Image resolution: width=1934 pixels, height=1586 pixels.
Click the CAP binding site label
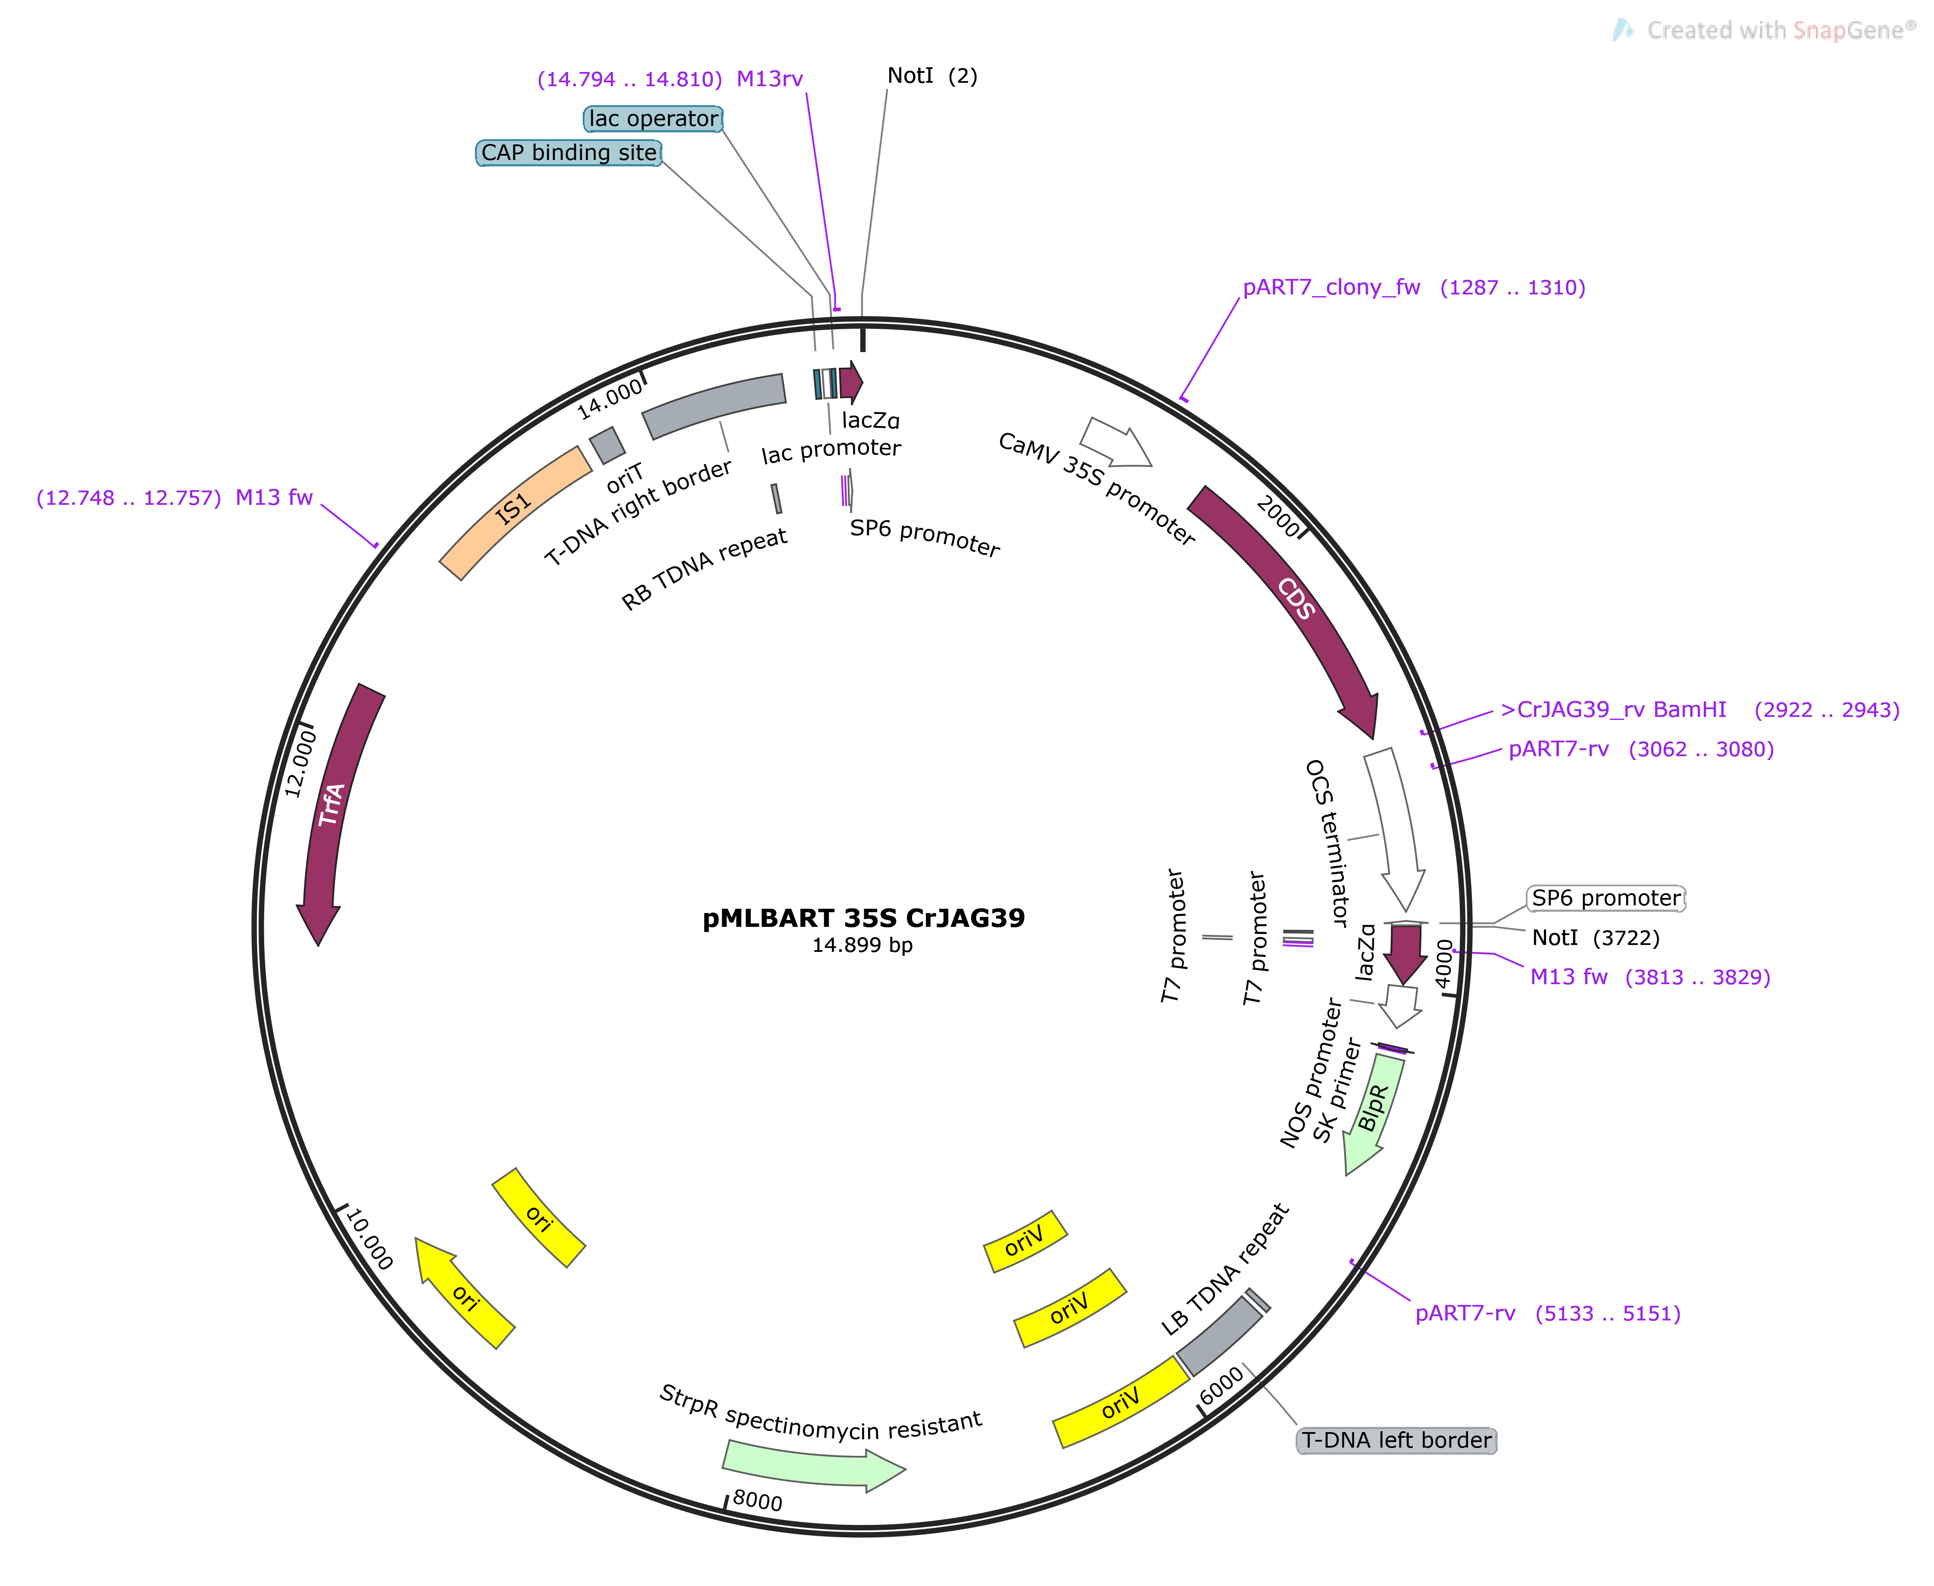point(568,153)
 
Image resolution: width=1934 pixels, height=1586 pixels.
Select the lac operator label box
point(653,119)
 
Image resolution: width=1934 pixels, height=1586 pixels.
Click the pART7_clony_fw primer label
point(1413,288)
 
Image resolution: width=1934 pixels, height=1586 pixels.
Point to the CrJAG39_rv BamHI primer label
point(1699,710)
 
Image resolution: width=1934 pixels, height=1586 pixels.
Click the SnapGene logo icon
point(1622,30)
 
